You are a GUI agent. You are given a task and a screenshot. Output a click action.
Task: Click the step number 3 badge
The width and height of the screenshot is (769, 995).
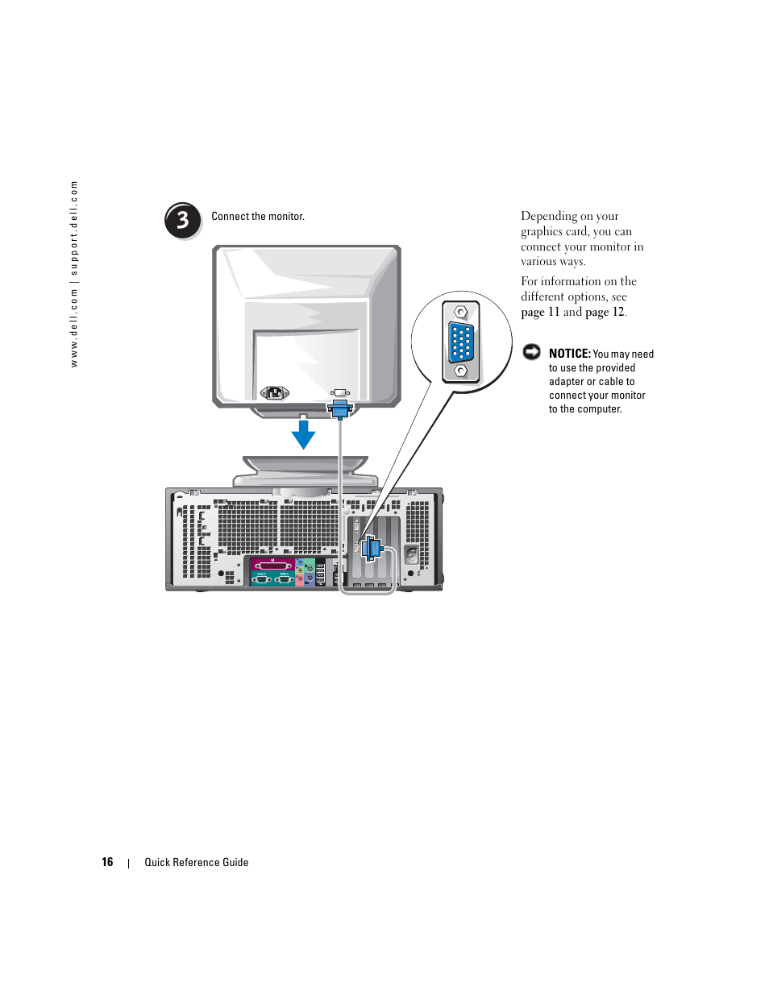click(x=183, y=220)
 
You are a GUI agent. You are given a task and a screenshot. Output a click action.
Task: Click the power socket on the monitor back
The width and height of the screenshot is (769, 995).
click(x=275, y=392)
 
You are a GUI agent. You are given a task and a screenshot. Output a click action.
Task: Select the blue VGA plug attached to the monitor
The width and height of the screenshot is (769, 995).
click(x=340, y=409)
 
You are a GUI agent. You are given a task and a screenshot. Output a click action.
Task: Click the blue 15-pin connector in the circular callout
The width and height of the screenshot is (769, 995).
click(x=461, y=341)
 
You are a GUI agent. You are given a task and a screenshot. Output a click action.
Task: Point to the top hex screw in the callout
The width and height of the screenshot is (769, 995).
click(x=461, y=313)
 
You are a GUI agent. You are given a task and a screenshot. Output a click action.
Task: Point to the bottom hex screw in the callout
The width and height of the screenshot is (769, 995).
click(x=461, y=371)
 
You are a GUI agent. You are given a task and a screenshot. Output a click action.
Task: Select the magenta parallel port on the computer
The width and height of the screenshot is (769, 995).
click(x=273, y=565)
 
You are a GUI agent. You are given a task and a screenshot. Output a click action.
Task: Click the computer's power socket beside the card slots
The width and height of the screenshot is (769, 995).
click(x=412, y=556)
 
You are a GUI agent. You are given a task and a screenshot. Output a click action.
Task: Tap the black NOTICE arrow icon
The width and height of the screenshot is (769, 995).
click(x=532, y=351)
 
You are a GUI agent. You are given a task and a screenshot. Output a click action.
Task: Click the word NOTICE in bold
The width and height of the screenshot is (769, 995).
click(x=569, y=354)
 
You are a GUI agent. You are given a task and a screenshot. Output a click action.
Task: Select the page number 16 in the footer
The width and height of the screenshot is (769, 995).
click(x=107, y=862)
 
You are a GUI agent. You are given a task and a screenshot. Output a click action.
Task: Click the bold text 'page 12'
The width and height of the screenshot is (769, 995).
click(x=605, y=313)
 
